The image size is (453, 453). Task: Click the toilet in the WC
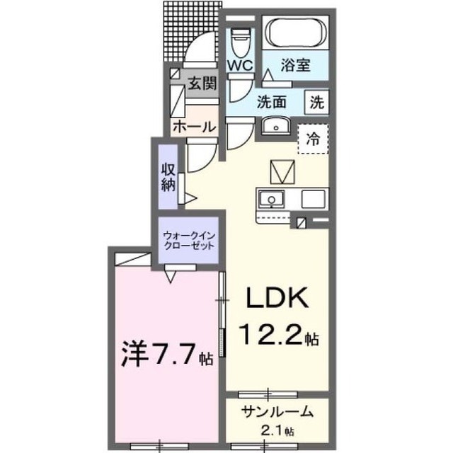(x=241, y=42)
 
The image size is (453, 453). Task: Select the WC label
(x=241, y=66)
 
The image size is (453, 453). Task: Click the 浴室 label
(x=296, y=65)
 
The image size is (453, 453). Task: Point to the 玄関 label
(x=202, y=84)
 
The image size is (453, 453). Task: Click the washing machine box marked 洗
(x=317, y=102)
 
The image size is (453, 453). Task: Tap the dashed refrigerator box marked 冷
(x=313, y=139)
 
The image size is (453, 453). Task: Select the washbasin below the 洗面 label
(x=275, y=126)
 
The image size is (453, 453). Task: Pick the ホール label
(x=195, y=127)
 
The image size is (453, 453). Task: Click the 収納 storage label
(x=168, y=177)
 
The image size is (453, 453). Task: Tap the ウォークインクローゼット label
(x=189, y=241)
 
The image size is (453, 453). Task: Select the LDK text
(x=276, y=297)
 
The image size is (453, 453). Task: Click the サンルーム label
(x=278, y=411)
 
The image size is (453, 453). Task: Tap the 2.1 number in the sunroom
(x=272, y=431)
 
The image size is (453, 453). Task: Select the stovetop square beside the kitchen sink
(x=313, y=199)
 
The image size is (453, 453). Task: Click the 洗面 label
(x=272, y=102)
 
